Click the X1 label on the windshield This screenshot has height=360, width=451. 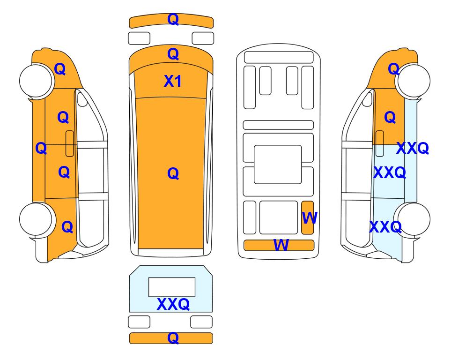[172, 81]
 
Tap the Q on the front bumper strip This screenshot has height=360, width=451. [173, 19]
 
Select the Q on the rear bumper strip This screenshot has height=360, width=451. [173, 337]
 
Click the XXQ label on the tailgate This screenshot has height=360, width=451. [173, 304]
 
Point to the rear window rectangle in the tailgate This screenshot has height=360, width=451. [172, 287]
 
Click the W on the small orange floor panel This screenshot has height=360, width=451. [310, 217]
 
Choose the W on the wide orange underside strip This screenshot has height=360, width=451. [281, 245]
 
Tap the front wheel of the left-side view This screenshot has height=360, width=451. [36, 81]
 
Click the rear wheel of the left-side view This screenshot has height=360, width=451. [36, 219]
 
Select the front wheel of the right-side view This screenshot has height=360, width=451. [414, 81]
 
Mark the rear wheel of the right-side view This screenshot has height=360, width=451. [414, 219]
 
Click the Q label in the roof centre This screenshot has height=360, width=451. [173, 173]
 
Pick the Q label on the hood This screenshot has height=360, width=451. [173, 54]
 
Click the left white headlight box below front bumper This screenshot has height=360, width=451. [139, 38]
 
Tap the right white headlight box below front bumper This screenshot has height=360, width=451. [203, 38]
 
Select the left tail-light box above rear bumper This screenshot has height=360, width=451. [139, 322]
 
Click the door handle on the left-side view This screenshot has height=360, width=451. [70, 143]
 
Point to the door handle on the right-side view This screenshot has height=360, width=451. [380, 143]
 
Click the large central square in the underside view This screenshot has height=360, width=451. [278, 165]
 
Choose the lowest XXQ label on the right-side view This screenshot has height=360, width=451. [385, 227]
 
